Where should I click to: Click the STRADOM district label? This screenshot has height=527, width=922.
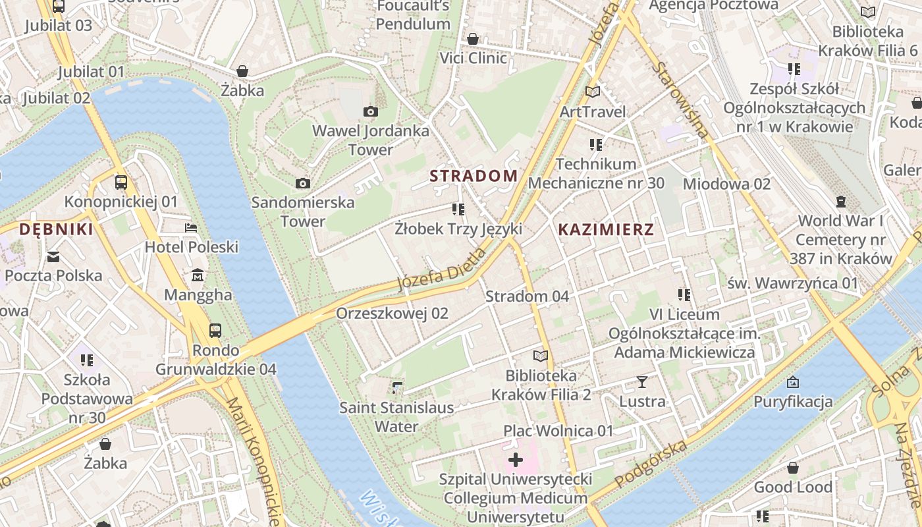[474, 176]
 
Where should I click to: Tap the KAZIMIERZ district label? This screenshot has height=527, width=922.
[606, 229]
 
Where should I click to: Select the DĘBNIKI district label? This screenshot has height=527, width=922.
[56, 229]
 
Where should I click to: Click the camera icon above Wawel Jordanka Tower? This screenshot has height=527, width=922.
[371, 111]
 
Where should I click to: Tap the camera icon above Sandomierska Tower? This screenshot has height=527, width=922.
[303, 183]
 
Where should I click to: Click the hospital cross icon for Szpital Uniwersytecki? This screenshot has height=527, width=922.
[516, 460]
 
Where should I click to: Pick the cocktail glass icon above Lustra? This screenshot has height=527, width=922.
[642, 381]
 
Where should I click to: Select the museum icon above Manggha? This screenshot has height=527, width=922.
[198, 275]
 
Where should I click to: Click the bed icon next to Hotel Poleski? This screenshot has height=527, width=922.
[191, 228]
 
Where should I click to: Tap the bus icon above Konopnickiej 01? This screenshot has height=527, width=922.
[121, 182]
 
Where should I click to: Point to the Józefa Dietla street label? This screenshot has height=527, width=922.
[442, 271]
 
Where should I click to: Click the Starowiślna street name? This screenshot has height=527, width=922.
[682, 99]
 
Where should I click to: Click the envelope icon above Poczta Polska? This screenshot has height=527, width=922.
[53, 256]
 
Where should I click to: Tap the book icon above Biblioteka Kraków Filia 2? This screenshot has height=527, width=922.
[541, 356]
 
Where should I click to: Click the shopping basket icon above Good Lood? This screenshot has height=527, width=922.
[793, 468]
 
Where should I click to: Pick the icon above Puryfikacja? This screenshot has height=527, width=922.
[793, 382]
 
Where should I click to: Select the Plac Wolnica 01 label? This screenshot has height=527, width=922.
[558, 431]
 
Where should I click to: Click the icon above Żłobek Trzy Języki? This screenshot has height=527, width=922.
[458, 209]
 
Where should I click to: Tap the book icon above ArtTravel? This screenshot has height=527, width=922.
[593, 92]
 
